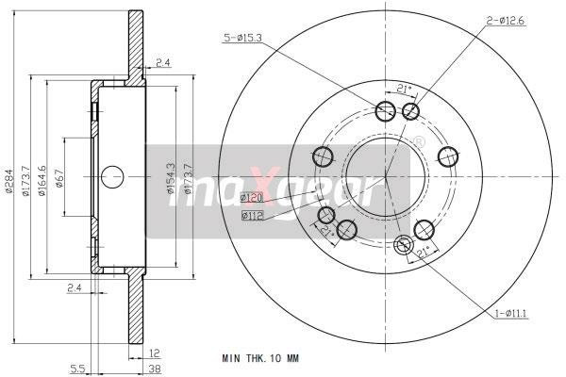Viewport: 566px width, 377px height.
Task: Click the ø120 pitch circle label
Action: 252,198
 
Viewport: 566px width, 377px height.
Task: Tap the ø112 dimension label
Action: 252,216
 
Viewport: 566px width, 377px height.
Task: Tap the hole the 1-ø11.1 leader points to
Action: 404,247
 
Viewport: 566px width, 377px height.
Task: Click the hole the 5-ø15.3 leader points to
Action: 385,112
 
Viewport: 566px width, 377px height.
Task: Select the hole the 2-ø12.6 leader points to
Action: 410,112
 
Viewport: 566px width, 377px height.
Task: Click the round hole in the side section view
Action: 112,176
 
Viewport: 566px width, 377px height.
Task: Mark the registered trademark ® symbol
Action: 419,142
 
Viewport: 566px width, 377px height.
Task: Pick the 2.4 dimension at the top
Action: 162,62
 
